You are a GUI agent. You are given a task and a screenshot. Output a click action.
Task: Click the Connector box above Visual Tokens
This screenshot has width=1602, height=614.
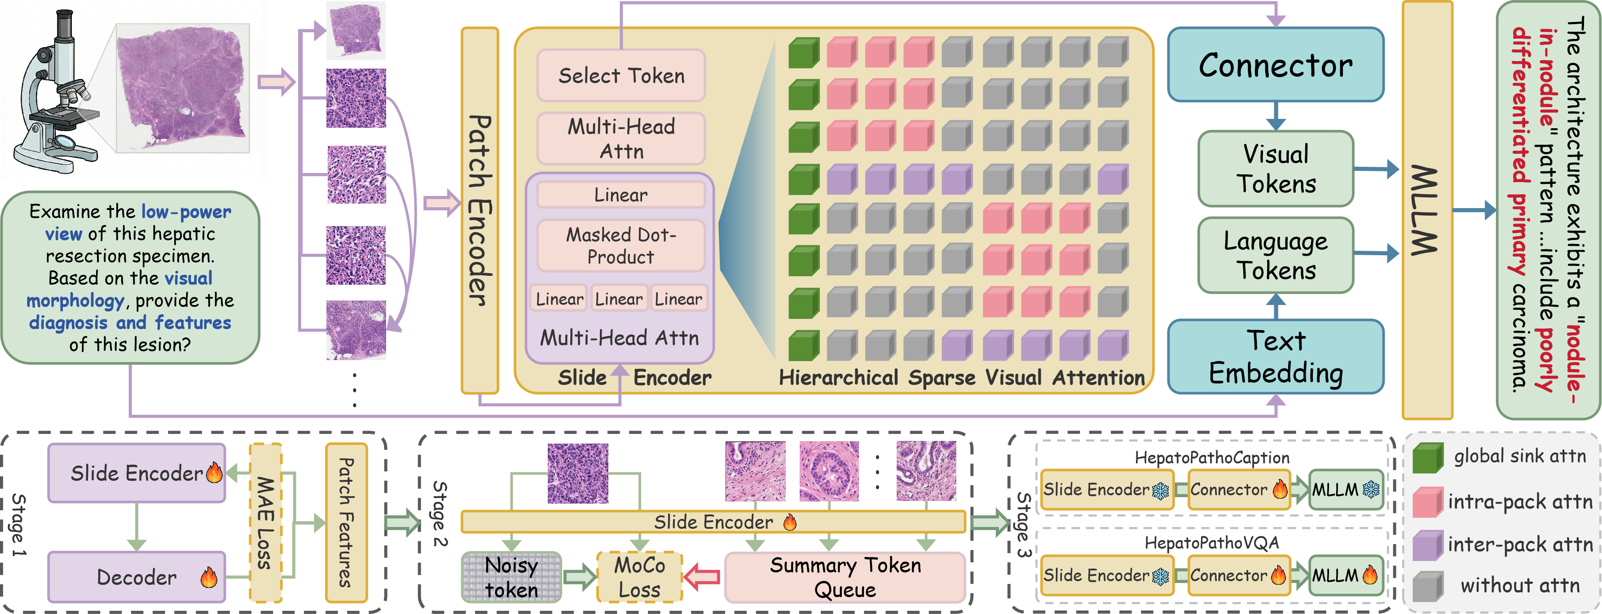[1276, 65]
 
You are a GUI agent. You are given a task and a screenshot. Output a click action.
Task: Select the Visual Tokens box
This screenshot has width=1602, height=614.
[1276, 169]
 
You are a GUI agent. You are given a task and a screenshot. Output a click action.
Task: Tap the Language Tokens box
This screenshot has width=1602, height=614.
[1276, 255]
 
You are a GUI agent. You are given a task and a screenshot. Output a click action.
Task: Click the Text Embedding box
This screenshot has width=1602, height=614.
[1276, 356]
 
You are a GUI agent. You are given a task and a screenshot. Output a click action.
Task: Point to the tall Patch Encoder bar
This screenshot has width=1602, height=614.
[480, 210]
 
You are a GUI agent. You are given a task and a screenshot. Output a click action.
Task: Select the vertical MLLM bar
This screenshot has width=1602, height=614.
[1426, 210]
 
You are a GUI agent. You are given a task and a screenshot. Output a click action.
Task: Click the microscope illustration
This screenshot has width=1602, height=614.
[56, 93]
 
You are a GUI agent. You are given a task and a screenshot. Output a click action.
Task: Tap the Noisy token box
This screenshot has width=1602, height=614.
[511, 577]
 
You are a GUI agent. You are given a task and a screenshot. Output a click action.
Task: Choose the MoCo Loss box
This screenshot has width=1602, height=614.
[639, 577]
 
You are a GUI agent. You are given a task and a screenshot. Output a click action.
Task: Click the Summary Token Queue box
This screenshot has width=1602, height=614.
[845, 577]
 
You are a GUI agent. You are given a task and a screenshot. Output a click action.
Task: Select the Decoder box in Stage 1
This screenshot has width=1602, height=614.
[137, 577]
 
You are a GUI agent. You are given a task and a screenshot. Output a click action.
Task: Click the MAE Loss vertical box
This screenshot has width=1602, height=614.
[265, 523]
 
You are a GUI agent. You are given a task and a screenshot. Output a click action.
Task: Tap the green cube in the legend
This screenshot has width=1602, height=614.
[1428, 458]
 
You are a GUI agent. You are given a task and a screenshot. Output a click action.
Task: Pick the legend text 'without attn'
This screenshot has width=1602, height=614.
[1519, 585]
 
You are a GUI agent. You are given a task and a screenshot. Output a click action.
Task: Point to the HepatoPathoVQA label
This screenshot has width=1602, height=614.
[1211, 543]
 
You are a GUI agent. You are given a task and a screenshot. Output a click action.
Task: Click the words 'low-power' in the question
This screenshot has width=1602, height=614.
[186, 212]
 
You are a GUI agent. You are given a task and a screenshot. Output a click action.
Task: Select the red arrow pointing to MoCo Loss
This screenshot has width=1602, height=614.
[703, 577]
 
